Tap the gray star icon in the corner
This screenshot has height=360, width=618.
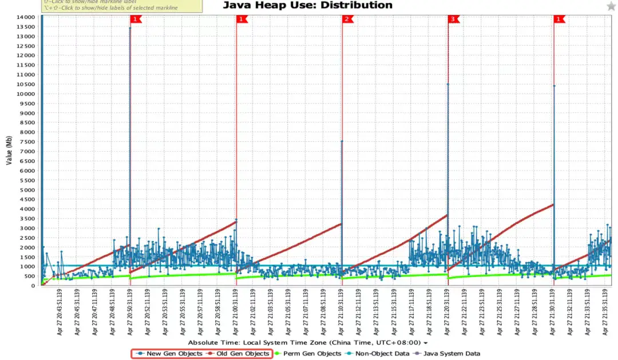point(611,6)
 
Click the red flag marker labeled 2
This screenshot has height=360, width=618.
point(347,19)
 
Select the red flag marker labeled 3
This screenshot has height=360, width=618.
point(453,19)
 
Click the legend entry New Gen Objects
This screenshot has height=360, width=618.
point(170,354)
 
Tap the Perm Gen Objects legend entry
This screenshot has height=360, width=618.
point(308,354)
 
